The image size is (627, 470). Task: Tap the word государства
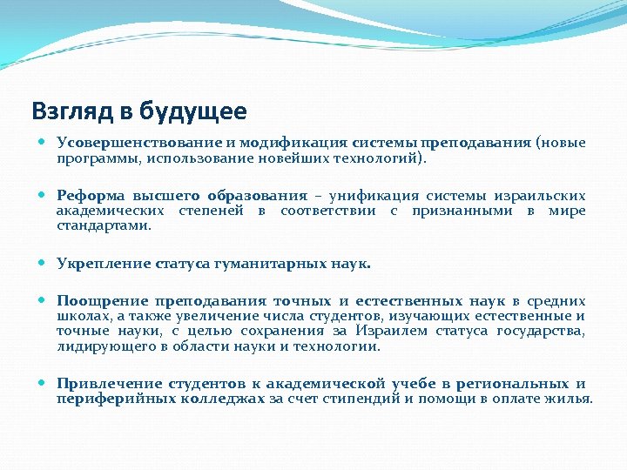(540, 331)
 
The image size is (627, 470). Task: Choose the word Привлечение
(109, 384)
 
